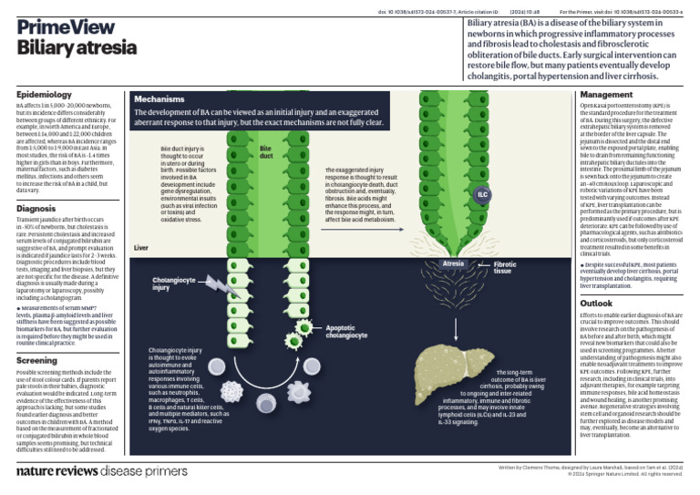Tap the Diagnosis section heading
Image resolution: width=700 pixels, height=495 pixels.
pyautogui.click(x=36, y=209)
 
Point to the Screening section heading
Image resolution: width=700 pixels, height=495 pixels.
pyautogui.click(x=37, y=361)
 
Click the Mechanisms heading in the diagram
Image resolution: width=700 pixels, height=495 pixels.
pyautogui.click(x=160, y=98)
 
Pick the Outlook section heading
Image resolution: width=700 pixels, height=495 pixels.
pyautogui.click(x=597, y=303)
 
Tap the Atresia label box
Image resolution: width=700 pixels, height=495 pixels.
pyautogui.click(x=453, y=264)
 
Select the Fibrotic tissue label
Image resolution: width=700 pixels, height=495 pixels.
pyautogui.click(x=505, y=268)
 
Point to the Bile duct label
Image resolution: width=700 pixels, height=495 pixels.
pyautogui.click(x=266, y=151)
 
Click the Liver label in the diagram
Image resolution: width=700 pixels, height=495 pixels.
pyautogui.click(x=141, y=247)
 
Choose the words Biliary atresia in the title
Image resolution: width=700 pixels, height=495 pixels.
pyautogui.click(x=68, y=47)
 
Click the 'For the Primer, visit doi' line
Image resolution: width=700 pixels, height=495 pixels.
pyautogui.click(x=628, y=11)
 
